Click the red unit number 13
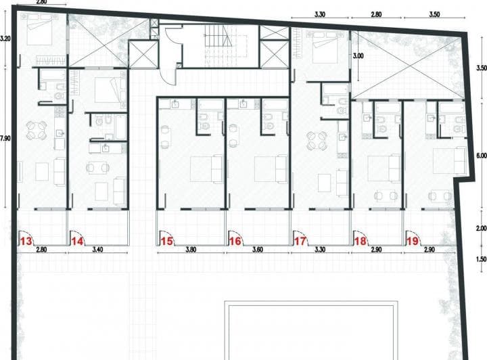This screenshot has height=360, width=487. (26, 241)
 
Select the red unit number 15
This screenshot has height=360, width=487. (166, 241)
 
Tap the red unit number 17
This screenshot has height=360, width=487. (300, 241)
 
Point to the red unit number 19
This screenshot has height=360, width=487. (413, 241)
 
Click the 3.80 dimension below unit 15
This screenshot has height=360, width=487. (191, 250)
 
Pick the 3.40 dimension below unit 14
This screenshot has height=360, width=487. (97, 250)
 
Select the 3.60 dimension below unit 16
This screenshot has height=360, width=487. (258, 250)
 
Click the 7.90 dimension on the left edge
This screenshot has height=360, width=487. (5, 138)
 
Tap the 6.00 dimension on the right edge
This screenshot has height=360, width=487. (482, 156)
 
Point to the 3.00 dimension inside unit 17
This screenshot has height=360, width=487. (358, 56)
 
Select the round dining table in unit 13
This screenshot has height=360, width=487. (37, 130)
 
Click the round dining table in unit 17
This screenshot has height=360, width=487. (317, 141)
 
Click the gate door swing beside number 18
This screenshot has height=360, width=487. (361, 239)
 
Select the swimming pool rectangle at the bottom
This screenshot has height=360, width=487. (311, 330)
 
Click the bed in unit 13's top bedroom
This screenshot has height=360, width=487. (40, 29)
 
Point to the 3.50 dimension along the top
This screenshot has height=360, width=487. (434, 15)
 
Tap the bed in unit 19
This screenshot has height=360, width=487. (449, 161)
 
